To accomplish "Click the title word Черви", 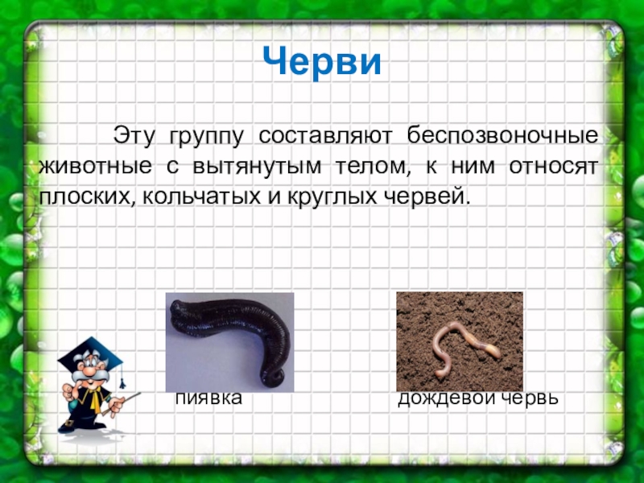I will point(322,61).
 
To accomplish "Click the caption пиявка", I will point(209,398).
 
